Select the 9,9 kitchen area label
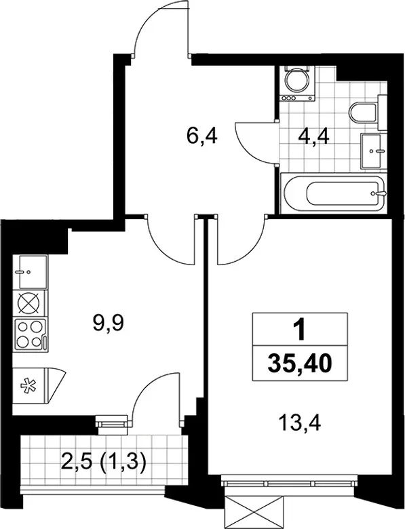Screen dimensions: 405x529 point(109,324)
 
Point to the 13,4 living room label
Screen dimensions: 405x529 point(300,423)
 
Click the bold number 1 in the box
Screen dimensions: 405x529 point(300,330)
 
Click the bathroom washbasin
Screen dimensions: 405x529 point(373,151)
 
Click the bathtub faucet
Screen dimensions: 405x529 point(379,193)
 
